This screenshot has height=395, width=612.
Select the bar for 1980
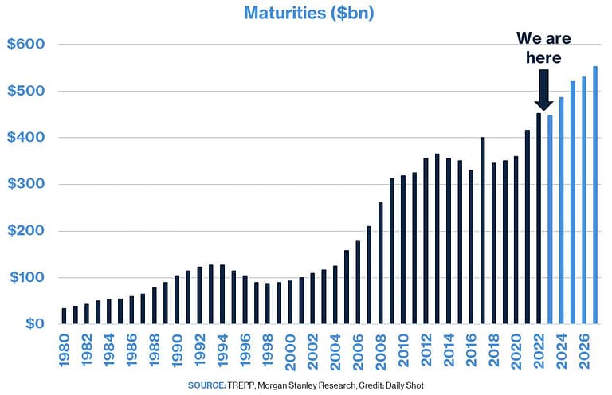(x=64, y=316)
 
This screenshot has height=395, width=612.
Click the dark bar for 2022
(x=539, y=219)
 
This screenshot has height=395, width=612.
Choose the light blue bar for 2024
(x=562, y=211)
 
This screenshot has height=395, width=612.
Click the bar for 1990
(x=178, y=300)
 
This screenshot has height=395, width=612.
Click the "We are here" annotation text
(x=543, y=48)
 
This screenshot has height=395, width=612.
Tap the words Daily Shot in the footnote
(x=405, y=385)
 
